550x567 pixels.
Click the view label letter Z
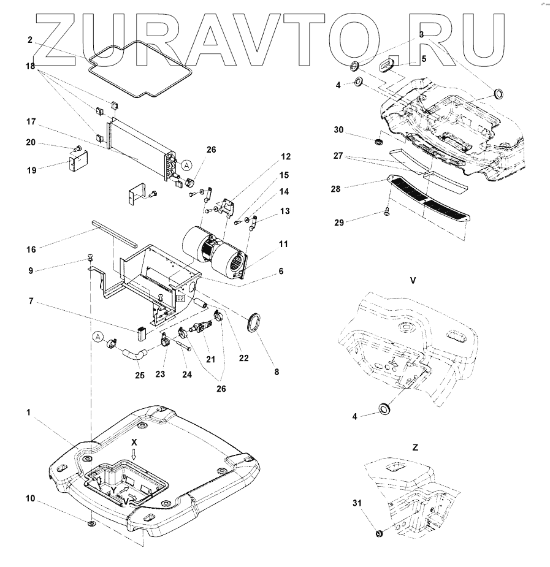point(415,448)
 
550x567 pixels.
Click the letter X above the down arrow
point(134,441)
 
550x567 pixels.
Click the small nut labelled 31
point(378,535)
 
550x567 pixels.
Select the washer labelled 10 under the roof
point(91,525)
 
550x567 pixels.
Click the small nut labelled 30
point(380,142)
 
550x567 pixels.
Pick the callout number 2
point(29,39)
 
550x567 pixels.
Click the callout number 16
point(31,249)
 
